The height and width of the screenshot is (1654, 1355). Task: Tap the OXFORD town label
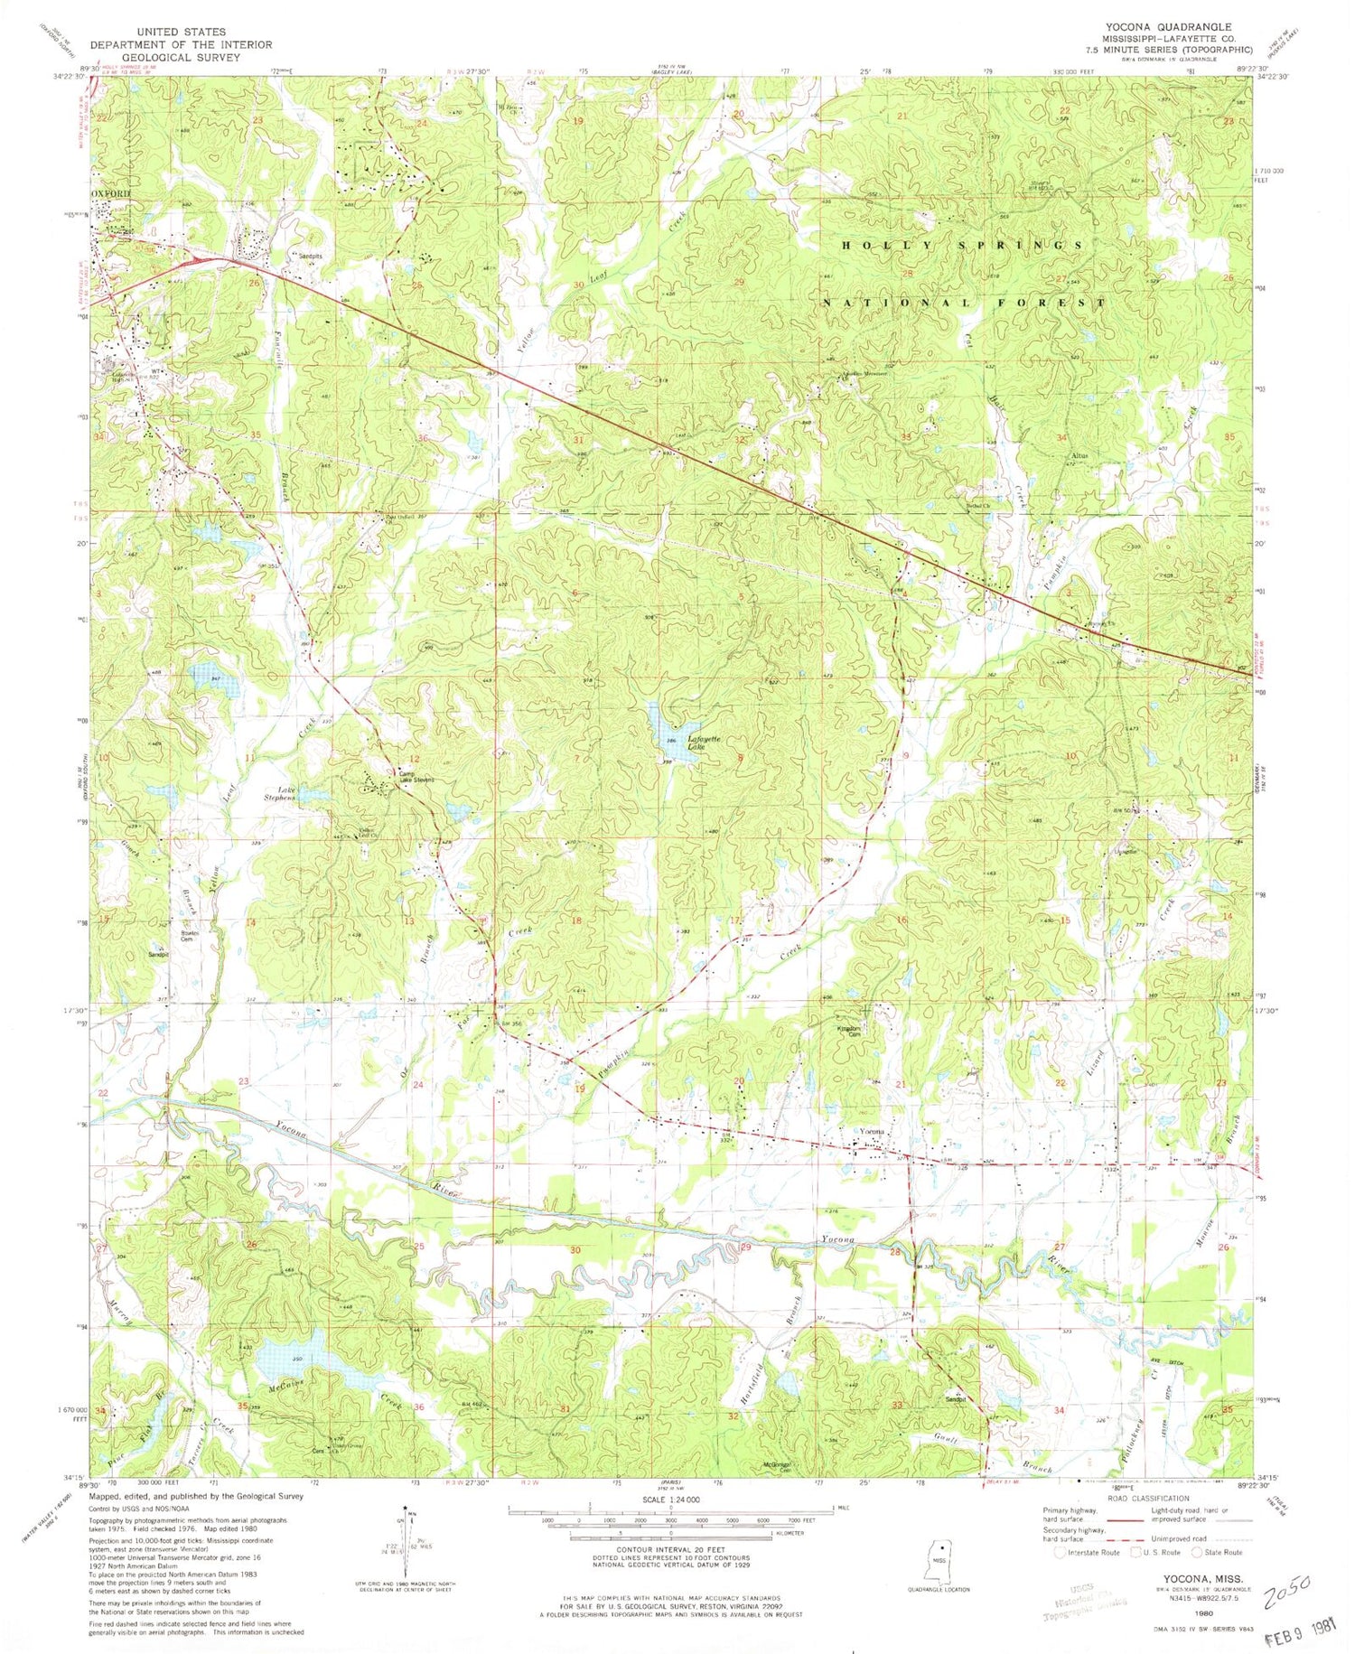pos(110,193)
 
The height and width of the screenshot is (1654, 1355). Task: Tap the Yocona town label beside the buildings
pos(871,1133)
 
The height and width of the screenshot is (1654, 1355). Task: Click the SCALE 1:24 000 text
pos(669,1500)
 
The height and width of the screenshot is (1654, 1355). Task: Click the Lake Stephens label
pos(279,793)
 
